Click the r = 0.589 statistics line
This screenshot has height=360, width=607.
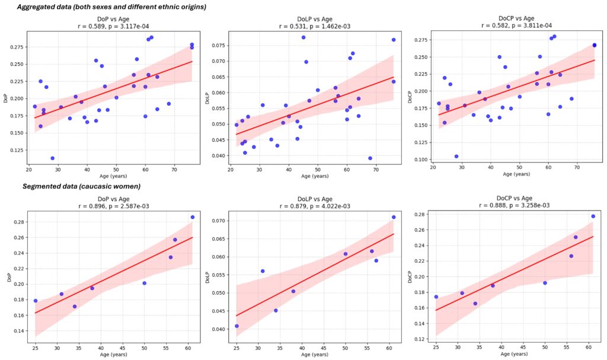[x=111, y=26]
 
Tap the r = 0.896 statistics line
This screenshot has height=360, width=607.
[x=111, y=205]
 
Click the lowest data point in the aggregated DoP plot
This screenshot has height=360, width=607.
[x=52, y=158]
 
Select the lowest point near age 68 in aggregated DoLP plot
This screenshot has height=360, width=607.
[x=370, y=158]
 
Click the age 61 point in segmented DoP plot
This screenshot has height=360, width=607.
[x=192, y=217]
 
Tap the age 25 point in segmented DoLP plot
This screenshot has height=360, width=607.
[x=237, y=326]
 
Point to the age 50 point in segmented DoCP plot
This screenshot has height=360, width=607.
[x=545, y=283]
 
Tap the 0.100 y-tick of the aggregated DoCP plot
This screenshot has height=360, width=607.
[x=419, y=160]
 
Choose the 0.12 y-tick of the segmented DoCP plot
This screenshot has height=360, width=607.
[x=421, y=339]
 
